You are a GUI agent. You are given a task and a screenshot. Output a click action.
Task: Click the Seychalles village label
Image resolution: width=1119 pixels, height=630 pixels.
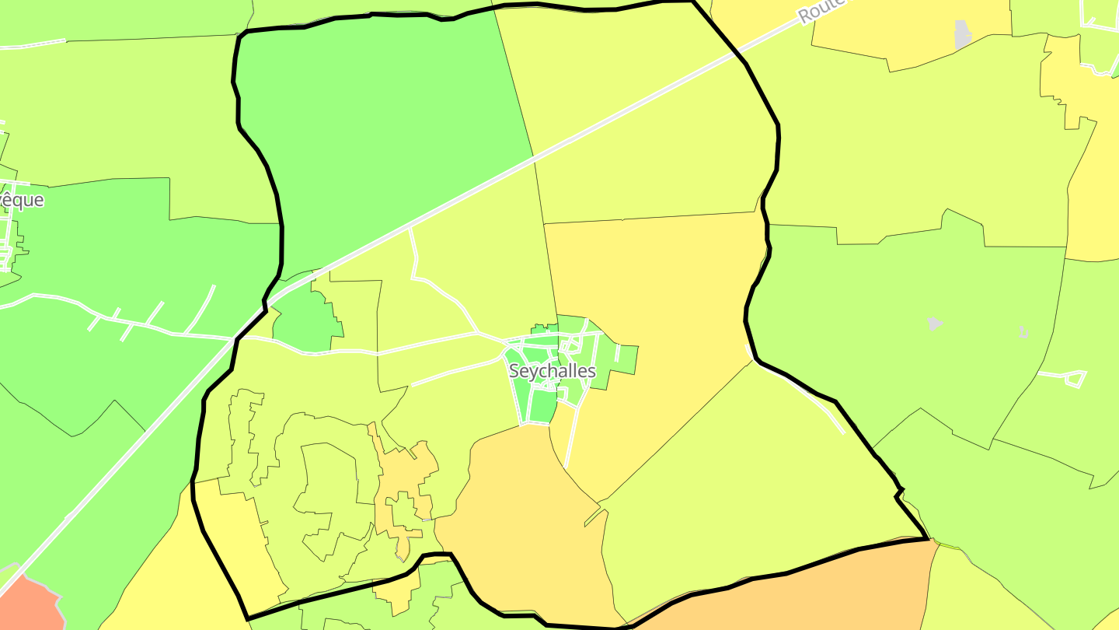[x=552, y=371]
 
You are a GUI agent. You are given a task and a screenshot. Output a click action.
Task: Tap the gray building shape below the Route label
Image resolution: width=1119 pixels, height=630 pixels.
[x=963, y=34]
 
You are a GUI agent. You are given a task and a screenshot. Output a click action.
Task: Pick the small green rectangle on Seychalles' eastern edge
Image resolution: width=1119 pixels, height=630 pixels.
[x=626, y=357]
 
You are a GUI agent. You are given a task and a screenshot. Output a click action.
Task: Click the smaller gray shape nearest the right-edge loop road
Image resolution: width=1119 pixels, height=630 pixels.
[x=1024, y=333]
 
